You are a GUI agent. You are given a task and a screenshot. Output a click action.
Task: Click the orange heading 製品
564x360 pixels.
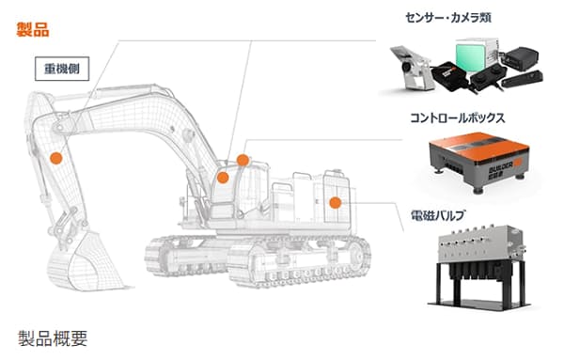32,27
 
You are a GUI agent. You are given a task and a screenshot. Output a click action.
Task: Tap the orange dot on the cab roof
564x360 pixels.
243,160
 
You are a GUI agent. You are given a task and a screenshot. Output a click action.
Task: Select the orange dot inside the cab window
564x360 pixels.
224,177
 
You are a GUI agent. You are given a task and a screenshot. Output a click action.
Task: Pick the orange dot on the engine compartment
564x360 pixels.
335,201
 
